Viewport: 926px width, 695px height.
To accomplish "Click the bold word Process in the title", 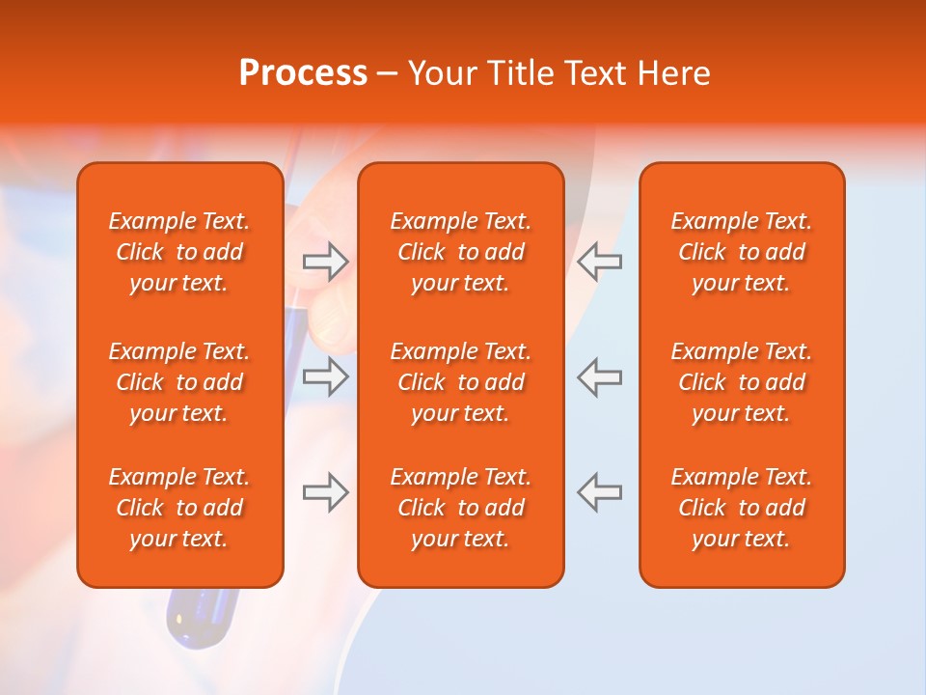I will point(303,73).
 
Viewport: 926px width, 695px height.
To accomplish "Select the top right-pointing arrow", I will point(325,261).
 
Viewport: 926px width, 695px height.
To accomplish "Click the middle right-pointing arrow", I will point(325,376).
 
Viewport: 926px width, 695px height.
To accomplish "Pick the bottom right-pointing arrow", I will point(325,492).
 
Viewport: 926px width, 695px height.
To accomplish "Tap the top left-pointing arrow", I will point(599,261).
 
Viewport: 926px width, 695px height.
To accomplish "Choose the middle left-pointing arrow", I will point(599,376).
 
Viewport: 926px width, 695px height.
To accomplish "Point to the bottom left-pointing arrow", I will point(599,492).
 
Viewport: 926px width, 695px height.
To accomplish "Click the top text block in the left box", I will point(179,252).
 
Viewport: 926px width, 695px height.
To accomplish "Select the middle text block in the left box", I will point(179,382).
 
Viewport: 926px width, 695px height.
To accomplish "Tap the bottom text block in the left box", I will point(179,508).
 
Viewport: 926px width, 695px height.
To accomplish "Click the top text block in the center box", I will point(460,252).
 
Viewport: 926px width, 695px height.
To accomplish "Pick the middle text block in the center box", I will point(460,382).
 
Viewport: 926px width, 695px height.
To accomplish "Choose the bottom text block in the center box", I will point(460,508).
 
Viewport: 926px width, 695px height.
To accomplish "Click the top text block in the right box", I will point(741,252).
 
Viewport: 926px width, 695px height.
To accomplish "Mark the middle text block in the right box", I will point(741,382).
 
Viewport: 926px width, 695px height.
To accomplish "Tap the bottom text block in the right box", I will point(741,508).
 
